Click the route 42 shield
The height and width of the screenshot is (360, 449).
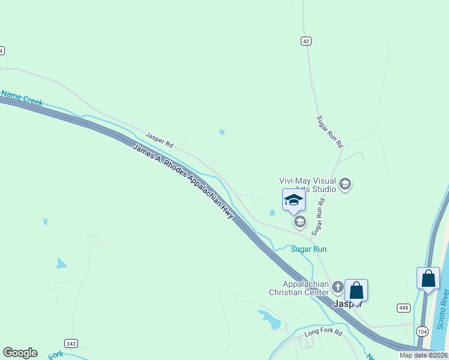(x=306, y=41)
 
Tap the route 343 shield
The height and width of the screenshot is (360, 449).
(x=71, y=343)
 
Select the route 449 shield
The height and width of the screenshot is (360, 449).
(x=403, y=308)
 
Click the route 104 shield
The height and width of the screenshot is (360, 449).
(x=423, y=331)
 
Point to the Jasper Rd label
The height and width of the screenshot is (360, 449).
(x=159, y=140)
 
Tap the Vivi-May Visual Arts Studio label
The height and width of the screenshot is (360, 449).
(x=308, y=184)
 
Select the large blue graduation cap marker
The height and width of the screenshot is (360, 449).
(x=294, y=200)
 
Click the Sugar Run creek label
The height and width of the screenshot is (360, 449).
(x=309, y=249)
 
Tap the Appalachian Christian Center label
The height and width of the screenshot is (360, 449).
(x=298, y=288)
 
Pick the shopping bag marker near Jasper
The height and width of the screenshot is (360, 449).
(x=356, y=290)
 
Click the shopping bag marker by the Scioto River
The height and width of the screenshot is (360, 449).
(x=428, y=278)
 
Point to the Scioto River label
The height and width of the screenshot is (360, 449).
(x=443, y=308)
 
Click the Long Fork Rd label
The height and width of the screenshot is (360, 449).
(x=322, y=332)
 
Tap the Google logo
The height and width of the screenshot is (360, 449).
(x=20, y=353)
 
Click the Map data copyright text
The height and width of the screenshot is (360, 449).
(x=424, y=355)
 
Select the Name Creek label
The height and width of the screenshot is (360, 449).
(x=22, y=98)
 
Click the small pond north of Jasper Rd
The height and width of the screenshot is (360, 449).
(x=222, y=132)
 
